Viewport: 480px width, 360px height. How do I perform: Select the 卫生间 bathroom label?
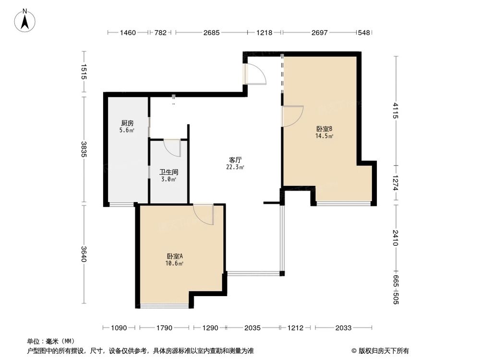coord(168,171)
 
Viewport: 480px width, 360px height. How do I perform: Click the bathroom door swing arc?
coord(173,147)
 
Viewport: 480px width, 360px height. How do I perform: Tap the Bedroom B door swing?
coord(292,116)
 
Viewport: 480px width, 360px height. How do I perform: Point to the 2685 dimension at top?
coord(211,33)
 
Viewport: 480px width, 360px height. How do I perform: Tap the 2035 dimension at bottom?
coord(252,328)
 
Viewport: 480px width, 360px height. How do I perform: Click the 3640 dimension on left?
coord(84,254)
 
